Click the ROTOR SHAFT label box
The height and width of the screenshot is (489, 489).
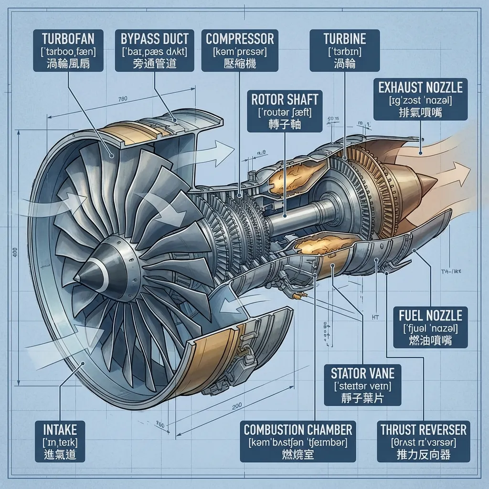(x=285, y=111)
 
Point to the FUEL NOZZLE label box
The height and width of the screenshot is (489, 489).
(x=430, y=328)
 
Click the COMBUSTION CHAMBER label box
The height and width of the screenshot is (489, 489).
(x=298, y=441)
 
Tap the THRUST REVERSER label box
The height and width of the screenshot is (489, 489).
(x=421, y=441)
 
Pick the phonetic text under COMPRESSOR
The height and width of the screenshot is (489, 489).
(x=240, y=50)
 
